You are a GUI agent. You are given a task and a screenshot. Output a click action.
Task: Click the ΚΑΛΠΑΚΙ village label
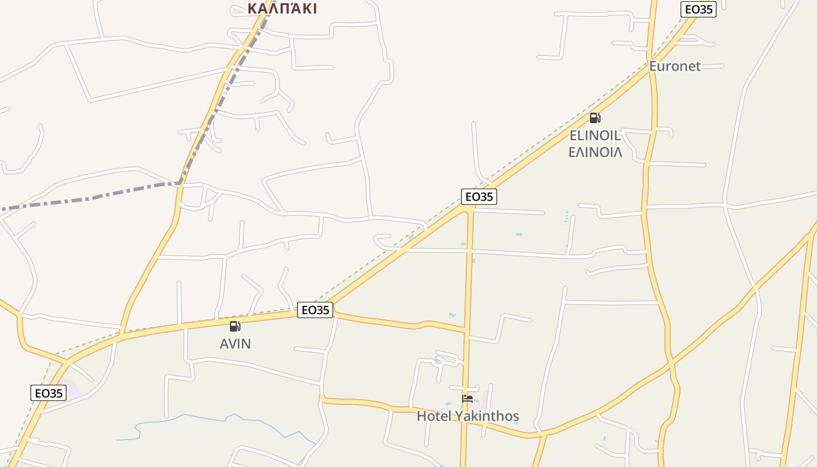tap(282, 8)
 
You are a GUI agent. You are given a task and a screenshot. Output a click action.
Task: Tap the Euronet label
tap(675, 66)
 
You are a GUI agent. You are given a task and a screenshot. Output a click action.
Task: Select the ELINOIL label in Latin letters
tap(595, 135)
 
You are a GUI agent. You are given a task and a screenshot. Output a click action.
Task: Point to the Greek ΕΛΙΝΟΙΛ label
tap(595, 152)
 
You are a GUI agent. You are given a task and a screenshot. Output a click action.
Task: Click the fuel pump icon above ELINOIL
tap(595, 118)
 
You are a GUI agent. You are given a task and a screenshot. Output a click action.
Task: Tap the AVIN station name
tap(235, 344)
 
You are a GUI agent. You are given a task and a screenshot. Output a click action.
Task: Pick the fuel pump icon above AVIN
tap(235, 326)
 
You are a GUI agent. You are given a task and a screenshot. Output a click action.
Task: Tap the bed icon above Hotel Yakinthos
tap(467, 399)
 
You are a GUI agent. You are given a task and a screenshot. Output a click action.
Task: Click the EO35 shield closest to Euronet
tap(698, 9)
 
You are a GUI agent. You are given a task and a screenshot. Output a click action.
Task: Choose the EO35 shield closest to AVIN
tap(315, 310)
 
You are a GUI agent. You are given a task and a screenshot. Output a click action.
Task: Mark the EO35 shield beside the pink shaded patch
tap(48, 393)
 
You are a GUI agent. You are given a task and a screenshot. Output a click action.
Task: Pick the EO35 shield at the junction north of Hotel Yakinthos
tap(479, 197)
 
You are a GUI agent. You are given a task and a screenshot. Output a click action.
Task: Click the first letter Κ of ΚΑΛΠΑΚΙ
tap(253, 8)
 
